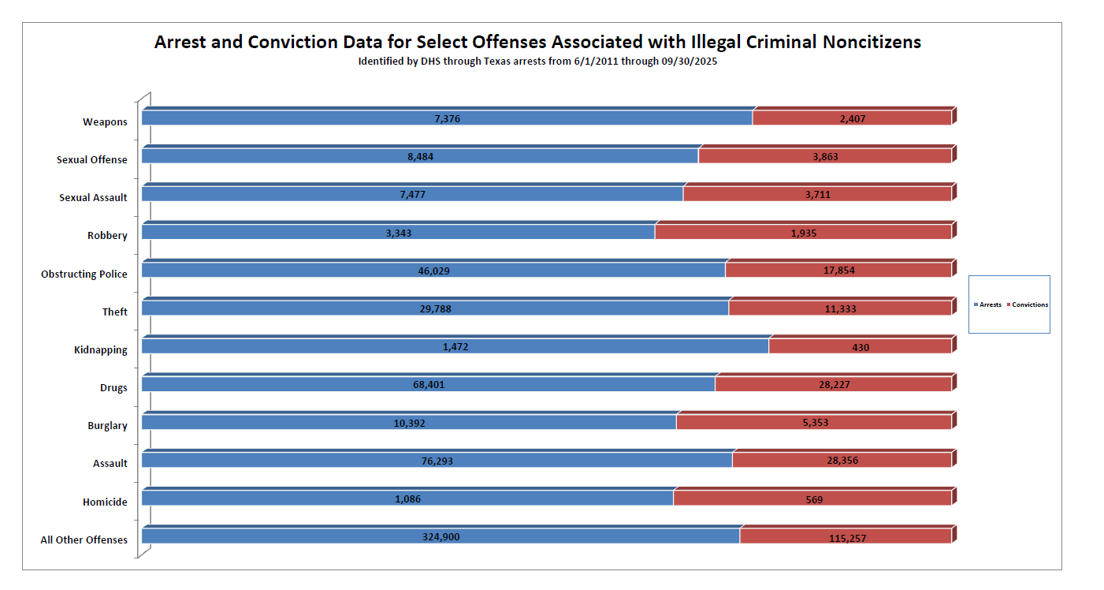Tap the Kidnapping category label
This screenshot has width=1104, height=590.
click(x=100, y=349)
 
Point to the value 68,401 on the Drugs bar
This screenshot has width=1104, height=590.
click(x=429, y=384)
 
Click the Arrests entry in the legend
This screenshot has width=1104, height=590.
click(x=988, y=304)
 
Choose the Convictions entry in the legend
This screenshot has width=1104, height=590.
click(x=1028, y=304)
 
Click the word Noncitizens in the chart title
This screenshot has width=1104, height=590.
click(x=872, y=43)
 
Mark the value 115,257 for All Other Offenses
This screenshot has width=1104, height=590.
click(x=846, y=537)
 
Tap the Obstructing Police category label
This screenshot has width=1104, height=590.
click(x=84, y=274)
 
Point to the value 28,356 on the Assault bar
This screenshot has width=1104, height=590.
click(x=842, y=461)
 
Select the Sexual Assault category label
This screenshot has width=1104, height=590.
click(x=93, y=197)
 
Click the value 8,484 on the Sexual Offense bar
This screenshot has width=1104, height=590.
click(x=420, y=156)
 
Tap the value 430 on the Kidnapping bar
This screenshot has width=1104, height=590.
click(x=860, y=346)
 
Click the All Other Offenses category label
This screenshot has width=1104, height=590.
click(x=84, y=540)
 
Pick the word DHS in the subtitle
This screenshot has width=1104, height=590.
click(x=441, y=61)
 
